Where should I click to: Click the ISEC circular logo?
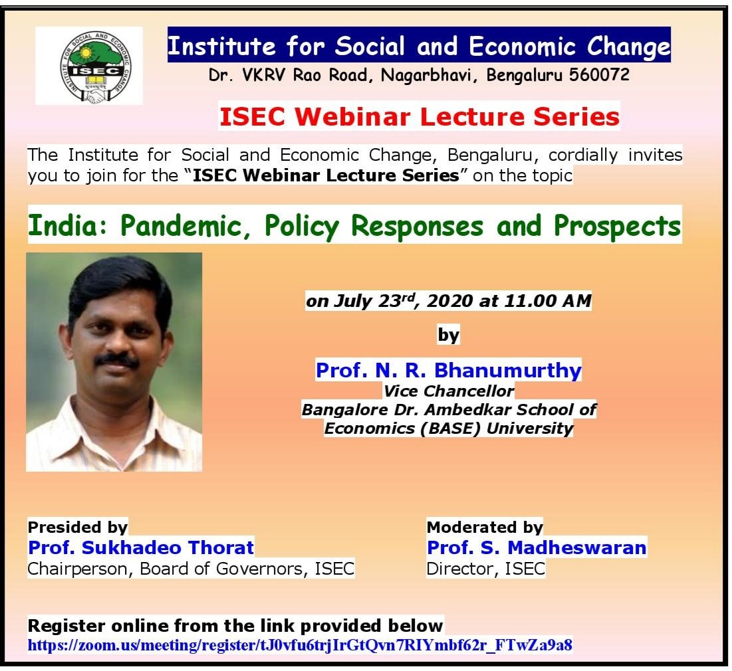pyautogui.click(x=89, y=66)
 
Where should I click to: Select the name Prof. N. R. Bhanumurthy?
pyautogui.click(x=448, y=370)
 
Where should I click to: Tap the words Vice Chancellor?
pyautogui.click(x=448, y=391)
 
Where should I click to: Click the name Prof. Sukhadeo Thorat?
pyautogui.click(x=141, y=547)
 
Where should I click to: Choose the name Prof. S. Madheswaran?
pyautogui.click(x=537, y=547)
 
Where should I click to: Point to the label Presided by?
pyautogui.click(x=77, y=527)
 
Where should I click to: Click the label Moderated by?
pyautogui.click(x=485, y=527)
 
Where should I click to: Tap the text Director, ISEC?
pyautogui.click(x=485, y=569)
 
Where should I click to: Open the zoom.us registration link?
pyautogui.click(x=300, y=644)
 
